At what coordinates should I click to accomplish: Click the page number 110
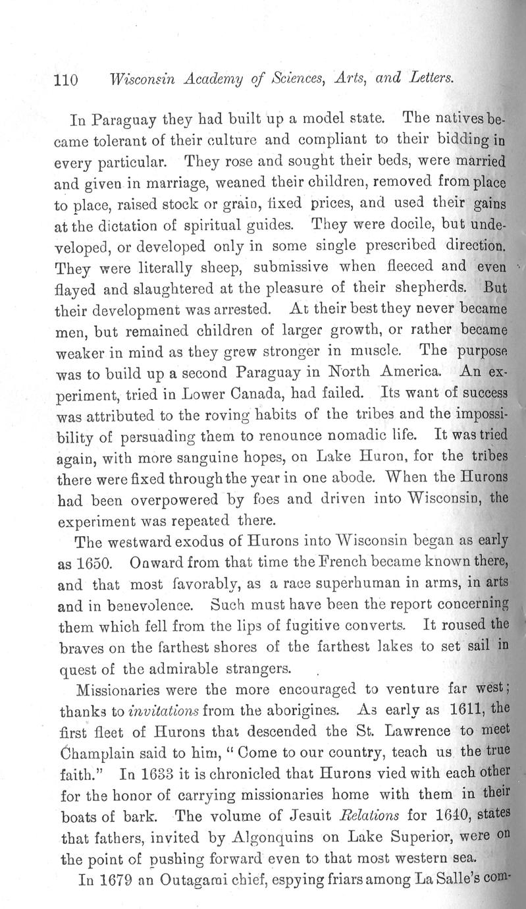pyautogui.click(x=65, y=80)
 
